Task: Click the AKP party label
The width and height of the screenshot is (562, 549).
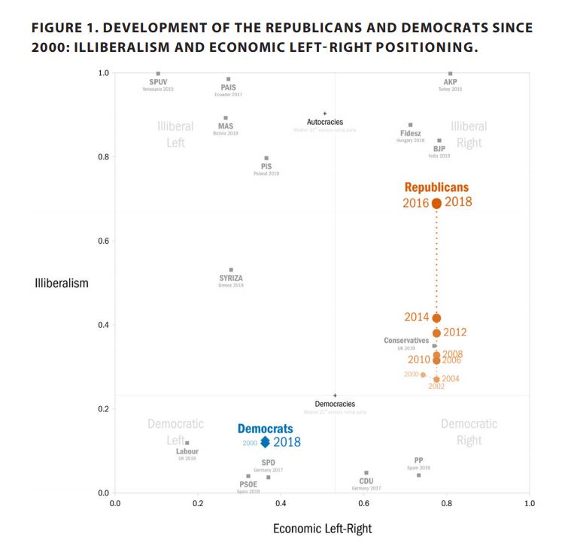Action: click(450, 82)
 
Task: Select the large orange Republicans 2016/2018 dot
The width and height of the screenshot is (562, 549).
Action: click(436, 203)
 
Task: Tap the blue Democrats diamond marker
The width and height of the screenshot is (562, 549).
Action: click(265, 442)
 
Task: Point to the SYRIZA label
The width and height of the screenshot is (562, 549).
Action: click(231, 278)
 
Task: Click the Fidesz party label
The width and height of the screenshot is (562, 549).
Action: click(410, 133)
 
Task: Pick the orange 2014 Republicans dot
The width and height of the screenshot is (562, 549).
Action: click(436, 318)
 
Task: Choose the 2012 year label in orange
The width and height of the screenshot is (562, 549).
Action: click(455, 332)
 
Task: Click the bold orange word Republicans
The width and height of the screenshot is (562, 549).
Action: click(436, 187)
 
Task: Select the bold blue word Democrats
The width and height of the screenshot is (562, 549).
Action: click(266, 429)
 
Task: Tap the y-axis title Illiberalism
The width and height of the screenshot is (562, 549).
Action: click(62, 284)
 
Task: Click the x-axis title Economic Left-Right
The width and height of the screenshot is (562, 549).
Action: click(322, 529)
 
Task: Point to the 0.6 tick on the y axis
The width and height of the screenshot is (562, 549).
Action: click(104, 241)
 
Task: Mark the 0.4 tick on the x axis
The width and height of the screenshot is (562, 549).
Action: click(281, 504)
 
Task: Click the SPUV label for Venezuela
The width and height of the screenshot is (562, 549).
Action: click(158, 82)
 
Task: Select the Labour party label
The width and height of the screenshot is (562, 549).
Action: click(187, 451)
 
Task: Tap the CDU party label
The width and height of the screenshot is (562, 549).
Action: click(366, 481)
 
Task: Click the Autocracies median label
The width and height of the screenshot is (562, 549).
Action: click(325, 122)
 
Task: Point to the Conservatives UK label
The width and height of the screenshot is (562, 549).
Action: click(406, 341)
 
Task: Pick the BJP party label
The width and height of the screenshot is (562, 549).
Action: click(439, 148)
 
